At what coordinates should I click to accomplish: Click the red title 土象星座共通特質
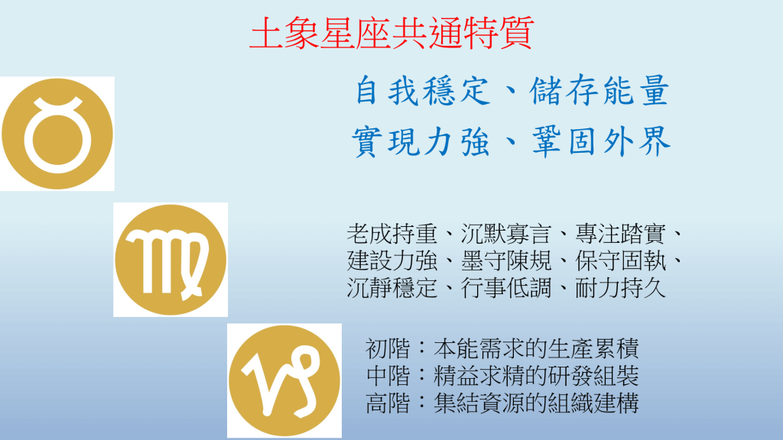(392, 33)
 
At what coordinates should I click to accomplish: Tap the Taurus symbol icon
(57, 134)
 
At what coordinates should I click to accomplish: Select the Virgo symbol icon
(171, 260)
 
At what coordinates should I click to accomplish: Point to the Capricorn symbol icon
(284, 380)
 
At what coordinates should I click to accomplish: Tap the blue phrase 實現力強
(421, 141)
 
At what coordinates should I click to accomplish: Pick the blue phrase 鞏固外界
(601, 141)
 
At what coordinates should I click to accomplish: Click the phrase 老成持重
(392, 234)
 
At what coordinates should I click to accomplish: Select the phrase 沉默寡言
(506, 234)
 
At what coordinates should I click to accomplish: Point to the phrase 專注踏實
(620, 234)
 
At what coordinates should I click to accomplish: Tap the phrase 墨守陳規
(506, 260)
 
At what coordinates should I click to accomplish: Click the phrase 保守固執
(620, 260)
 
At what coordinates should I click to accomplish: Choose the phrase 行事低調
(506, 288)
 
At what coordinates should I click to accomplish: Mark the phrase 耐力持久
(620, 288)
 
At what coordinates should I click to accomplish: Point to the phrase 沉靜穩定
(392, 288)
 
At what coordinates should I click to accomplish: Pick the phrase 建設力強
(392, 260)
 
